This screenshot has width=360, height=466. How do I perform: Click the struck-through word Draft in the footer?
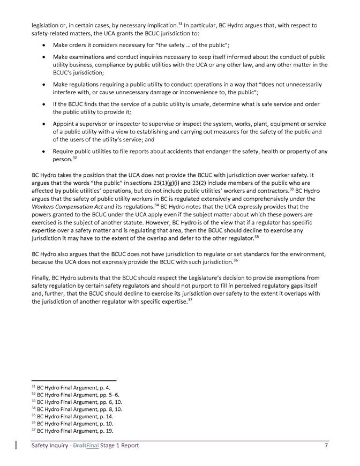coord(79,446)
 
